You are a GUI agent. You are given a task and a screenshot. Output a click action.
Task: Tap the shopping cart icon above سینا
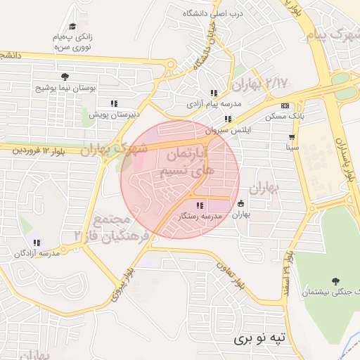(x=292, y=136)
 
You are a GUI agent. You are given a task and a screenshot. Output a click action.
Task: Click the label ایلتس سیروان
(x=227, y=131)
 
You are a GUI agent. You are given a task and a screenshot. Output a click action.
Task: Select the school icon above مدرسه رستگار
(x=200, y=206)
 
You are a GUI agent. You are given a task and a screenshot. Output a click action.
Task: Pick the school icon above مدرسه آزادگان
(x=37, y=243)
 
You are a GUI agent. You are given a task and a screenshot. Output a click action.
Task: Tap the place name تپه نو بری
(x=262, y=338)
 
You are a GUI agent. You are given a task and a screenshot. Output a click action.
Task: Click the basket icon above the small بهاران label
(x=241, y=203)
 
